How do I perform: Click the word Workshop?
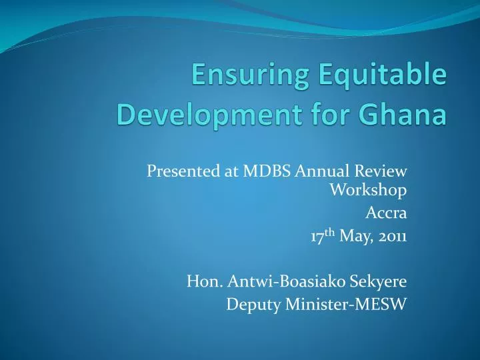(369, 191)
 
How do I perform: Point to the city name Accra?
(387, 213)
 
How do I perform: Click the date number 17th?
(323, 235)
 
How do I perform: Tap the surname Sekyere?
(378, 282)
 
